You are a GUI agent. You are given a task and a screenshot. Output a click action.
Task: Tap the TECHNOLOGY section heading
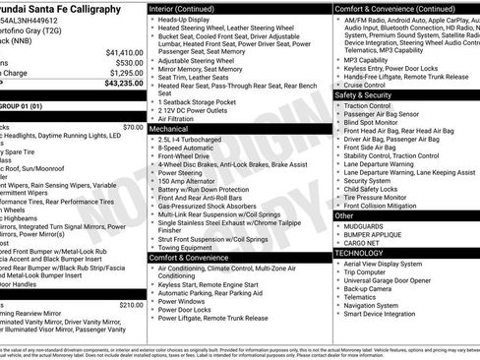pos(358,253)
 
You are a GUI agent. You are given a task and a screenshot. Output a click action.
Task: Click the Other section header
pos(344,214)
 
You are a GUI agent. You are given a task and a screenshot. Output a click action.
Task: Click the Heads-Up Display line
pos(187,19)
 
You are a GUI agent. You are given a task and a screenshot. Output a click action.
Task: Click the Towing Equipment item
pos(190,247)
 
